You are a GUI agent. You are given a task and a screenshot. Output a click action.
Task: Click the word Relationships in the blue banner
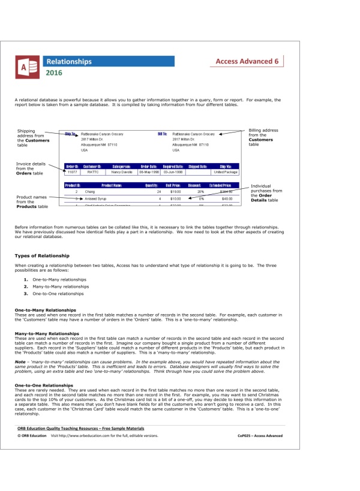pyautogui.click(x=69, y=61)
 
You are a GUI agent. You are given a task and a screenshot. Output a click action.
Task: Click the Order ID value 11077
pyautogui.click(x=72, y=172)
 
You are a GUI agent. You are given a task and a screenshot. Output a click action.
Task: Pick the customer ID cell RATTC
pyautogui.click(x=93, y=172)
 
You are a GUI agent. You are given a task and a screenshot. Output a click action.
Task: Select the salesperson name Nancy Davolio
pyautogui.click(x=122, y=172)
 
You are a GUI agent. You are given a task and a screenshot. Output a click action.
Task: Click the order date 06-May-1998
pyautogui.click(x=149, y=172)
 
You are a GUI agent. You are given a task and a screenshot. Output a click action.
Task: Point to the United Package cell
pyautogui.click(x=226, y=172)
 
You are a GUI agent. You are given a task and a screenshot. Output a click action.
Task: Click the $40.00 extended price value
pyautogui.click(x=227, y=198)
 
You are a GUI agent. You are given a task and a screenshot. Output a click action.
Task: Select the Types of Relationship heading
pyautogui.click(x=41, y=256)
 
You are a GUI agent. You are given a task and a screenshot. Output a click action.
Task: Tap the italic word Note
pyautogui.click(x=20, y=362)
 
